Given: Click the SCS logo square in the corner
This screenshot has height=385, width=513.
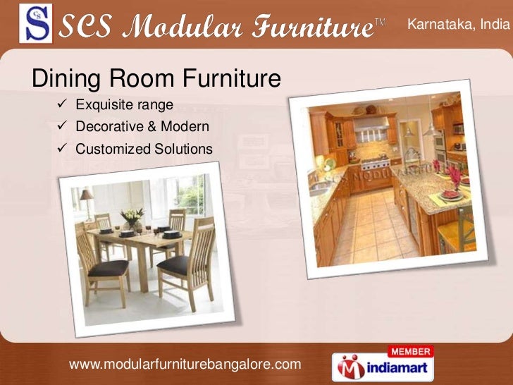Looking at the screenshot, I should [x=36, y=25].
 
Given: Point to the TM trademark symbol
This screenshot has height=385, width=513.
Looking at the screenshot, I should [x=379, y=23].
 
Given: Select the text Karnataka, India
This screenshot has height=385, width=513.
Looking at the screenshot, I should [x=456, y=25].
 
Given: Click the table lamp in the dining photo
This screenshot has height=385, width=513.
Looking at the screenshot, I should [x=85, y=197].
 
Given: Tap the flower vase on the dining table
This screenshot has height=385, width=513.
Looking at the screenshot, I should [x=132, y=219].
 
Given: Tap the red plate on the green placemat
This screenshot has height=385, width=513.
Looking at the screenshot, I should [x=449, y=195].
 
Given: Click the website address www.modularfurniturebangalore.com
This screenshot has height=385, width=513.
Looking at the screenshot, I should [x=185, y=364].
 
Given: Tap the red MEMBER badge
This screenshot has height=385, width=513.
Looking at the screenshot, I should [x=411, y=350].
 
